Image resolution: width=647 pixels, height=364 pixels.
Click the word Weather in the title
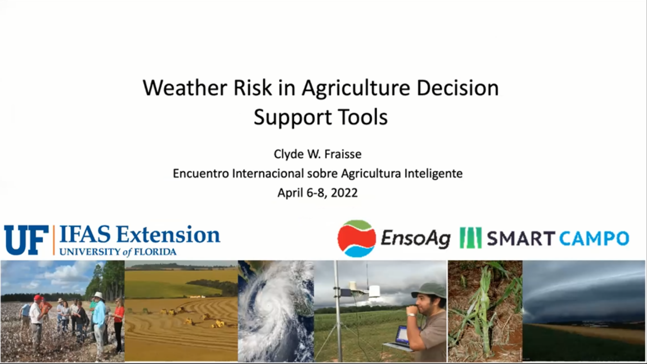[185, 88]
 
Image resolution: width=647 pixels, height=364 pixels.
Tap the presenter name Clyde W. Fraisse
[317, 154]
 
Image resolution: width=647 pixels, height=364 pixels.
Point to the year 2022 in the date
[344, 193]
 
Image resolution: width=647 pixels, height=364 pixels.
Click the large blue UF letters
[26, 240]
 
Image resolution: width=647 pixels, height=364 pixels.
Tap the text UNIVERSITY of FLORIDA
[118, 252]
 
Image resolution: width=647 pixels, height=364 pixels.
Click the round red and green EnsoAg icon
[357, 238]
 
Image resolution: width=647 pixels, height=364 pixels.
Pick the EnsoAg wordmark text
[415, 239]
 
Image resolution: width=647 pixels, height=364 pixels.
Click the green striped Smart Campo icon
[471, 238]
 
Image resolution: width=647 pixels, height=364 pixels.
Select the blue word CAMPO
[594, 238]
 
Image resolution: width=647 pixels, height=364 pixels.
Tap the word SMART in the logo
[521, 238]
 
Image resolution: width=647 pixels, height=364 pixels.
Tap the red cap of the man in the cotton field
[38, 298]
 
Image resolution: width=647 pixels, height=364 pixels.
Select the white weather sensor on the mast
[374, 292]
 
